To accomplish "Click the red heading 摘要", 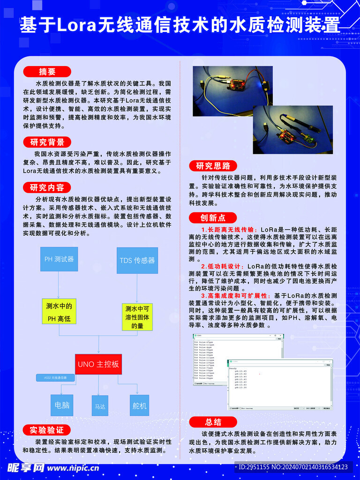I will coord(47,72).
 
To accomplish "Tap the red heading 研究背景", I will coord(47,142).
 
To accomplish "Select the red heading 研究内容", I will coord(47,187).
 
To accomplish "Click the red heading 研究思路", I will coord(213,166).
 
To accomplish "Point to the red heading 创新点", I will coord(213,217).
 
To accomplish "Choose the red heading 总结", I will coord(213,422).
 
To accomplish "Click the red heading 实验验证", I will coord(47,430).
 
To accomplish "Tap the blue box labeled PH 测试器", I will coord(59,259).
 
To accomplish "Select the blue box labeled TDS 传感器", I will coord(137,260).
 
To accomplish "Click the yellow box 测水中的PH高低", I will coord(59,313).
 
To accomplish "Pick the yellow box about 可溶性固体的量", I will coord(137,317).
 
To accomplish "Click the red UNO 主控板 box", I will coord(98,364).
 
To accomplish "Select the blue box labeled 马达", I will coord(100,406).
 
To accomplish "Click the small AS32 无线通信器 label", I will coord(55,377).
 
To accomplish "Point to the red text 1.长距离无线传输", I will coord(228,230).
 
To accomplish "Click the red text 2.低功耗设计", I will coord(223,266).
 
